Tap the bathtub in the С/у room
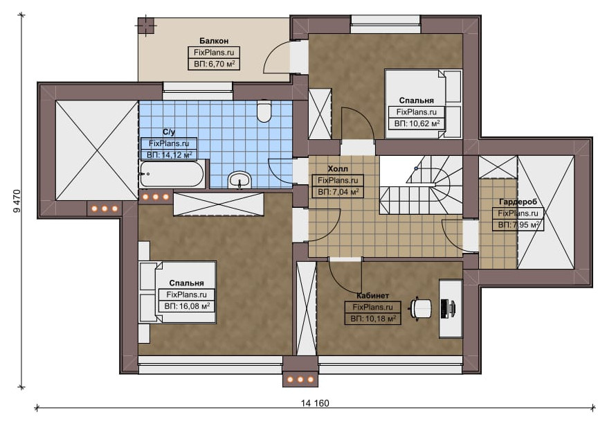pos(172,174)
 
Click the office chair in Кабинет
pos(421,308)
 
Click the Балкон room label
pos(214,41)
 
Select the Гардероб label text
pos(518,202)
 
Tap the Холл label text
pos(338,169)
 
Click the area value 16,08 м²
pos(193,306)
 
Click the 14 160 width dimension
pos(315,403)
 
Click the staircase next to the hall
pos(421,185)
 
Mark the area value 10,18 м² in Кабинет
pos(379,319)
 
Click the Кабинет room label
pos(372,296)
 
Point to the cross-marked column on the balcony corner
pos(146,26)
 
